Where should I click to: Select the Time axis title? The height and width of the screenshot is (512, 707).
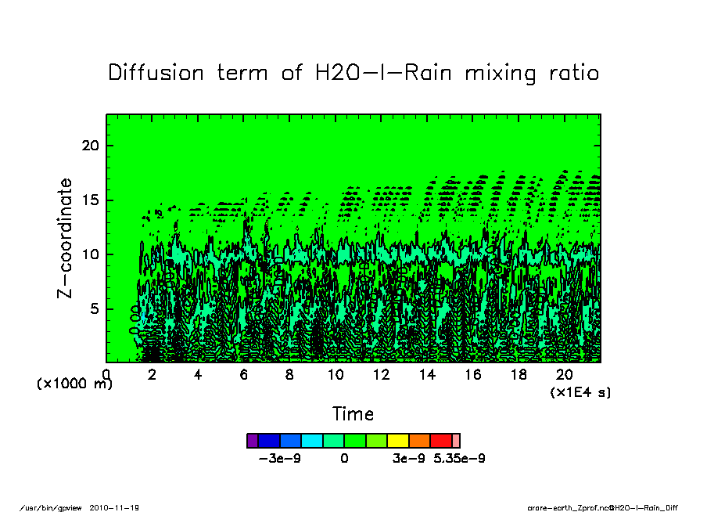pos(353,414)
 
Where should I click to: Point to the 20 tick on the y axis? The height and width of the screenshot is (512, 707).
pos(89,146)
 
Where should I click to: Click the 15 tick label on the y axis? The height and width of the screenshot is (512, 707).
pos(89,200)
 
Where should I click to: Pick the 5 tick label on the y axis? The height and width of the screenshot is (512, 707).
pos(94,308)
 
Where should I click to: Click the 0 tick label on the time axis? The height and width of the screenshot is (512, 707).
pos(106,375)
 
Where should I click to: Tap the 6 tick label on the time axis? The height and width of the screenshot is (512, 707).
pos(244,375)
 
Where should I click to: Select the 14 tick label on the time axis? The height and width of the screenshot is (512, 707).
pos(427,375)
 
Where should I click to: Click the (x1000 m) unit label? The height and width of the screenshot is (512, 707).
pos(74,384)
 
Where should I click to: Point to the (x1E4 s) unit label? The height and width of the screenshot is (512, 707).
pos(580,391)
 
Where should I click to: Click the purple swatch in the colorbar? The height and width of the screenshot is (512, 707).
pos(252,441)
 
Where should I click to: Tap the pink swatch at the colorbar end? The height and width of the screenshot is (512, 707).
pos(456,441)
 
